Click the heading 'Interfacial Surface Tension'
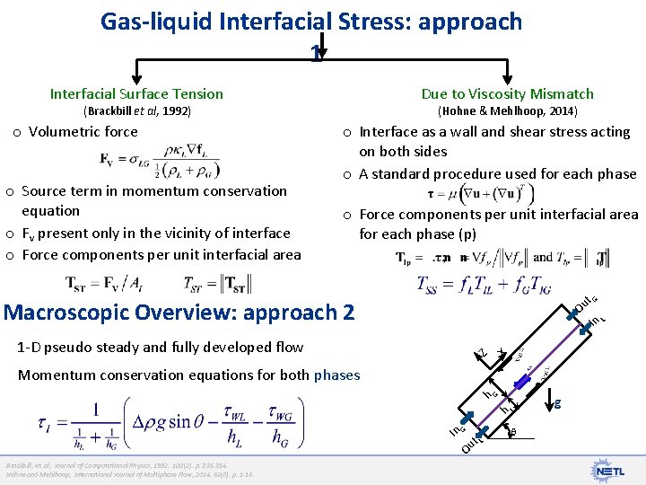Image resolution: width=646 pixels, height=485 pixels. pyautogui.click(x=136, y=93)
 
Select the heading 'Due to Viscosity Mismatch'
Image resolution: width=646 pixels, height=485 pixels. pyautogui.click(x=508, y=93)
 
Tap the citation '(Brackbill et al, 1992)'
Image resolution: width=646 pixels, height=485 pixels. pyautogui.click(x=137, y=111)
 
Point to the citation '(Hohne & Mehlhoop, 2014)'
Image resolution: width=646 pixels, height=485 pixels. pyautogui.click(x=507, y=111)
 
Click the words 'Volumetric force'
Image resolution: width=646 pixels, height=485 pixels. pyautogui.click(x=83, y=131)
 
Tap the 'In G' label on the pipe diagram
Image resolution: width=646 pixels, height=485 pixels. pyautogui.click(x=457, y=431)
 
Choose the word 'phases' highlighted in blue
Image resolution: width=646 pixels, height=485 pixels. pyautogui.click(x=336, y=375)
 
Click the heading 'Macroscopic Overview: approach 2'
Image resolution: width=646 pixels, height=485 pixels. pyautogui.click(x=179, y=313)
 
